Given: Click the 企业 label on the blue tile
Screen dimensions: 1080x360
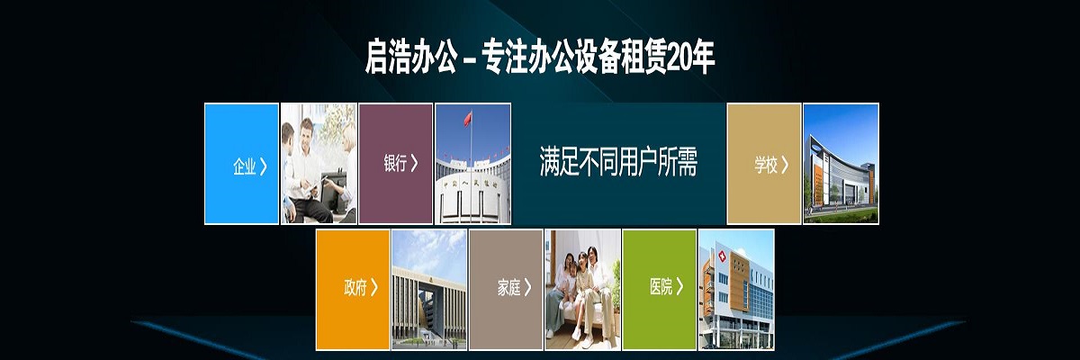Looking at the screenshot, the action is (x=245, y=166).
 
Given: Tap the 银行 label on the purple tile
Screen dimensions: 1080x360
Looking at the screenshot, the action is (x=395, y=163).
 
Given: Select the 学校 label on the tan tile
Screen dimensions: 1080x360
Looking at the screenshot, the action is (x=766, y=165).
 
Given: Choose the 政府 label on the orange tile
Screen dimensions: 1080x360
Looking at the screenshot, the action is (x=355, y=287).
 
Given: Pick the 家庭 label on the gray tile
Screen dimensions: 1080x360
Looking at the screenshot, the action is (x=509, y=288).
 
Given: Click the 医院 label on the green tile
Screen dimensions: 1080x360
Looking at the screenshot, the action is (x=661, y=287).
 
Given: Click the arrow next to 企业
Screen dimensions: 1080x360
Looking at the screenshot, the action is (x=263, y=166).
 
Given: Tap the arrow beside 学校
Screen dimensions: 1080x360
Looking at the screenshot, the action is (x=785, y=165).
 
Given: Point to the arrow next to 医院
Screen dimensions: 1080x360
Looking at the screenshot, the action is (x=679, y=286).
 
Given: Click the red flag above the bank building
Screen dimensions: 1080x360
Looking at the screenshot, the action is (x=468, y=119).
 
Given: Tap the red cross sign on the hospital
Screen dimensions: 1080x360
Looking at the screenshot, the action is (x=722, y=256).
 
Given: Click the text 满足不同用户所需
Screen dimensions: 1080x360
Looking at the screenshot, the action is (x=618, y=161).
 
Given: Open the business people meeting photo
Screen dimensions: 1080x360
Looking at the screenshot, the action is (x=319, y=164).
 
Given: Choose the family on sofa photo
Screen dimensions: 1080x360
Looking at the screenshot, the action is (x=583, y=290).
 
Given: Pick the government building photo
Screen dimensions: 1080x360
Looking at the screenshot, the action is (x=429, y=290).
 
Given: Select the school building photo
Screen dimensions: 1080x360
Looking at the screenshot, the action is (x=841, y=164).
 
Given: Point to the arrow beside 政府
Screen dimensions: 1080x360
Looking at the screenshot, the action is (x=374, y=287).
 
